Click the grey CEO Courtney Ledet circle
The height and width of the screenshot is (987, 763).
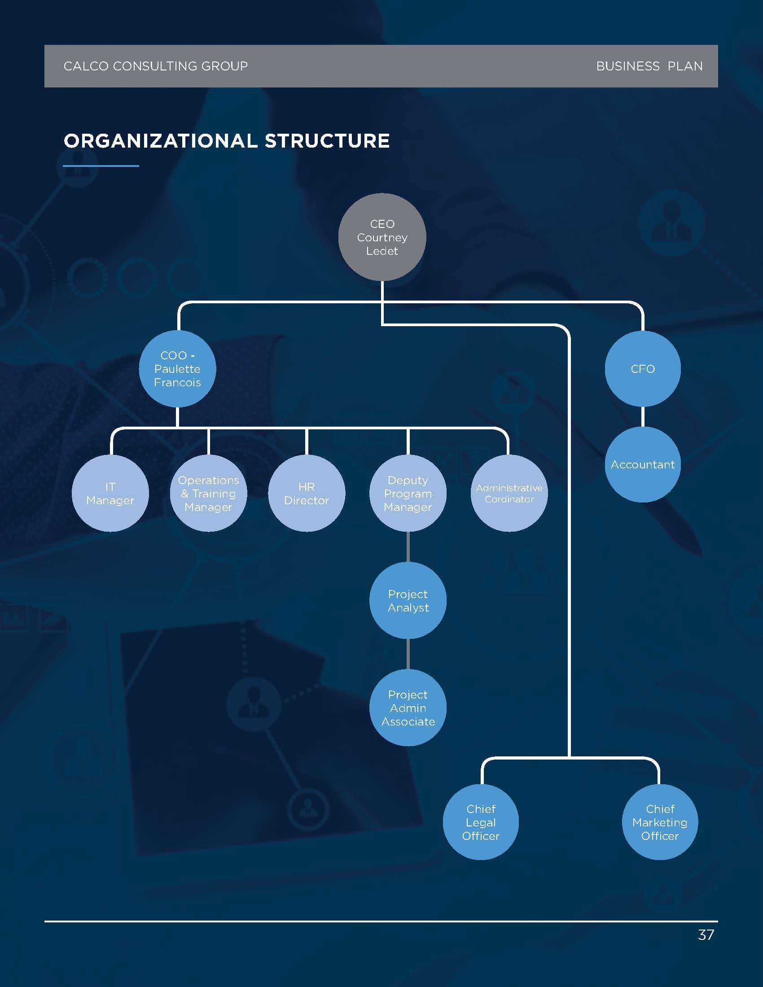pyautogui.click(x=382, y=237)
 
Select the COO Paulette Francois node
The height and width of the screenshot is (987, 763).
pyautogui.click(x=177, y=369)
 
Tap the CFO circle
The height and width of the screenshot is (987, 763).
pyautogui.click(x=643, y=369)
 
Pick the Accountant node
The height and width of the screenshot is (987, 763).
pyautogui.click(x=643, y=464)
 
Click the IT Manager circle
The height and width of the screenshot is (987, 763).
pyautogui.click(x=110, y=493)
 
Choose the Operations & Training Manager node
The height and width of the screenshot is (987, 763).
pyautogui.click(x=208, y=493)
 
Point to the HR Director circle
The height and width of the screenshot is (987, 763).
pyautogui.click(x=307, y=493)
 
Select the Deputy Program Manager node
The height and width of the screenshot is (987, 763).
pyautogui.click(x=408, y=493)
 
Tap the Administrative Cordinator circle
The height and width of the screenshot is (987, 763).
pyautogui.click(x=509, y=493)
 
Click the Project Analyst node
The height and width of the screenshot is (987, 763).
pyautogui.click(x=408, y=600)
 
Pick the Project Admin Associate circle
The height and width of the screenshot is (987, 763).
pyautogui.click(x=408, y=707)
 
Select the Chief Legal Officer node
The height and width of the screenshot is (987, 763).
pyautogui.click(x=481, y=822)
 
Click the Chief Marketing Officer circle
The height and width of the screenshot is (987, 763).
pyautogui.click(x=660, y=822)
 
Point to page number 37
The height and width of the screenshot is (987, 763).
pyautogui.click(x=706, y=935)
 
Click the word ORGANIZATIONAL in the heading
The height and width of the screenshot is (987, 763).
pyautogui.click(x=161, y=141)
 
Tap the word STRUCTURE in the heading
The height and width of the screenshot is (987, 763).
pyautogui.click(x=327, y=141)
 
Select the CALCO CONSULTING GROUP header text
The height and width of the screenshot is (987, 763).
pyautogui.click(x=155, y=66)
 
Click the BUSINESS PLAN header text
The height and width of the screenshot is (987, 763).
pyautogui.click(x=649, y=66)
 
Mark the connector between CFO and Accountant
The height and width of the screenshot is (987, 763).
pyautogui.click(x=643, y=417)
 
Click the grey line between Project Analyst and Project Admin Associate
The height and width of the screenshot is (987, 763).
pyautogui.click(x=408, y=654)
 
